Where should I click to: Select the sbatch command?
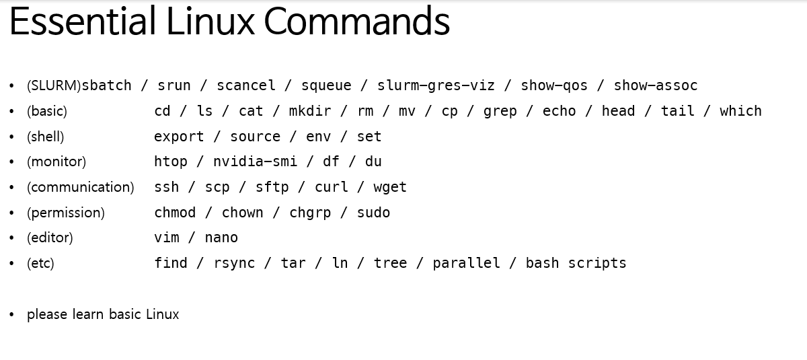pos(107,85)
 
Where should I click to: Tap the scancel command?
pos(246,85)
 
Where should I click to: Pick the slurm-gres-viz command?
pos(436,85)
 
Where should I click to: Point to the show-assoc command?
pos(656,85)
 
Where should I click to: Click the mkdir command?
pos(310,111)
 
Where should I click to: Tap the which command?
pos(740,111)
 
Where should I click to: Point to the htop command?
pos(171,161)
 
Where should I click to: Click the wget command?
pos(390,187)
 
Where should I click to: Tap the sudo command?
pos(373,213)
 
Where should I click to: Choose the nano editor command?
pos(221,238)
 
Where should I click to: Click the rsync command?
pos(235,263)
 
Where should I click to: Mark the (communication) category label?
pos(81,187)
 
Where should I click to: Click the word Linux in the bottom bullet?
pos(163,314)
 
